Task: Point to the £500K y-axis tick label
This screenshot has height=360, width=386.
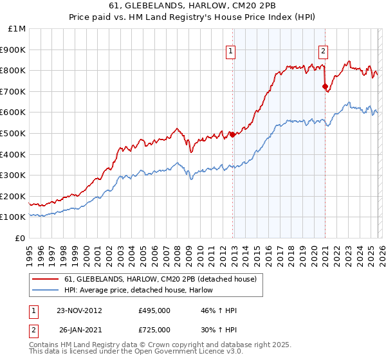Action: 14,133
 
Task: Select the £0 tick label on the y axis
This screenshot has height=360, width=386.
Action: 20,238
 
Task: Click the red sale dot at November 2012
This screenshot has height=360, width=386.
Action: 233,134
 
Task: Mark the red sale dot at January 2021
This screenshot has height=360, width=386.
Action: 325,86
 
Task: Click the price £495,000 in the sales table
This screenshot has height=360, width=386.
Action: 154,310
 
